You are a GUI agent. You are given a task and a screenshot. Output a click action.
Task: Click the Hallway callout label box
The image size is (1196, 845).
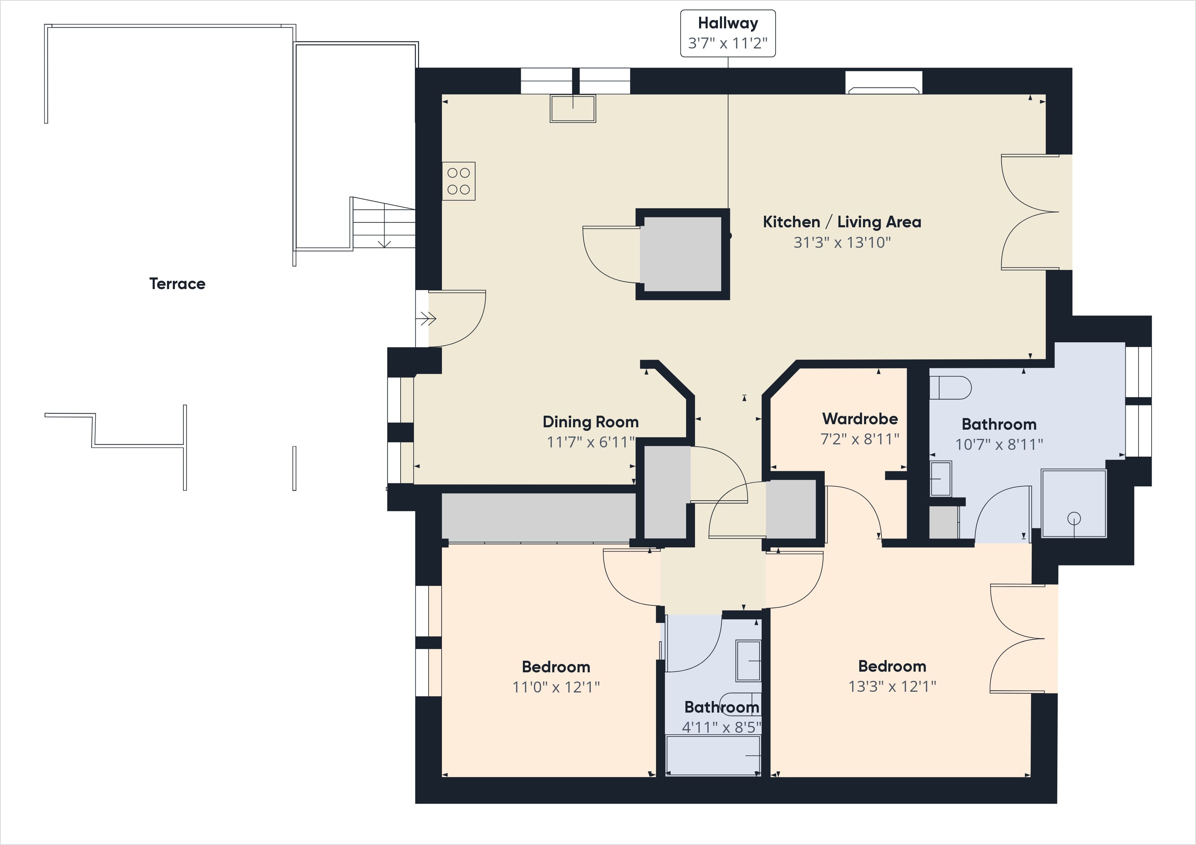[728, 33]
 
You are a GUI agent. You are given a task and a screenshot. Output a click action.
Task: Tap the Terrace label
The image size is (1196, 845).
[177, 284]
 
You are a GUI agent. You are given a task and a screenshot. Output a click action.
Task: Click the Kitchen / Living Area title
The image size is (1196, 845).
[842, 222]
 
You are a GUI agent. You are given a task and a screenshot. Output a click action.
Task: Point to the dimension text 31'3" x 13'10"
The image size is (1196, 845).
[842, 242]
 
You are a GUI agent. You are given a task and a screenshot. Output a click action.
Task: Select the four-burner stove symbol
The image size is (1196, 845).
[458, 181]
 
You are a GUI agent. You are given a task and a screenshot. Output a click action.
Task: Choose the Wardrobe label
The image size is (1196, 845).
[860, 419]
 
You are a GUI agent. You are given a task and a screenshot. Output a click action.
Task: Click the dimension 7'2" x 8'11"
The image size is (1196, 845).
[860, 439]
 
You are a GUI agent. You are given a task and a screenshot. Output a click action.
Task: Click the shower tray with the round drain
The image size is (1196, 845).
[1074, 503]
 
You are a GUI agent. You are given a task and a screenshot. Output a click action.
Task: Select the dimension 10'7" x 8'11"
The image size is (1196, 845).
[999, 444]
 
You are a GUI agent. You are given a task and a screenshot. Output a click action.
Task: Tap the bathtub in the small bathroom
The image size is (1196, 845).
[713, 755]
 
